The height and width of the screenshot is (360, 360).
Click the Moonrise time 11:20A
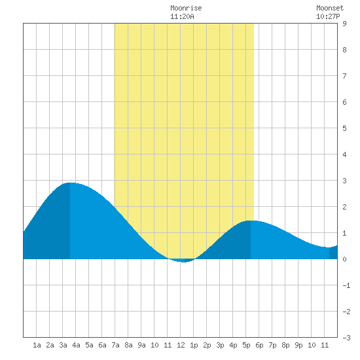tap(182, 16)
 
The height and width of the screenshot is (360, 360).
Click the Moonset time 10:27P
tap(328, 16)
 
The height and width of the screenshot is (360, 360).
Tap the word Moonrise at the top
tap(186, 8)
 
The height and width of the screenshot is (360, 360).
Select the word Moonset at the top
tap(330, 8)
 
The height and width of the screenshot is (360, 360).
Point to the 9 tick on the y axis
tap(344, 24)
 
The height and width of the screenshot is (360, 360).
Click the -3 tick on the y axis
tap(346, 338)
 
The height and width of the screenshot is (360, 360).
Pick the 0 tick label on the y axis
tap(344, 259)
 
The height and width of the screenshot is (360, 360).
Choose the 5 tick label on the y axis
tap(344, 128)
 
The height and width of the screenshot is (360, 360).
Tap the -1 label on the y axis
tap(346, 285)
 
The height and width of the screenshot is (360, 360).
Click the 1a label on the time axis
tap(37, 345)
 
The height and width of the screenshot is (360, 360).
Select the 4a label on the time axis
tap(76, 345)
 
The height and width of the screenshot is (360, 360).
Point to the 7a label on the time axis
tap(115, 345)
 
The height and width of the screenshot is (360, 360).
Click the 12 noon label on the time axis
tap(181, 345)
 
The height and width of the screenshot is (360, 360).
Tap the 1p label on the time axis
tap(194, 345)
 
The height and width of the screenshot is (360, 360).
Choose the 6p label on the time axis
tap(259, 345)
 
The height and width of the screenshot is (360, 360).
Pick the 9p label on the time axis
tap(298, 345)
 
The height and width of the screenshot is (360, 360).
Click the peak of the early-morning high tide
tap(70, 183)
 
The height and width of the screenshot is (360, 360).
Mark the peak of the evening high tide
tap(251, 221)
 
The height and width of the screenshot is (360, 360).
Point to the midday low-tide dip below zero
tap(184, 262)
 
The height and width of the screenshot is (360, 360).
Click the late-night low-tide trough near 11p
tap(329, 247)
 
